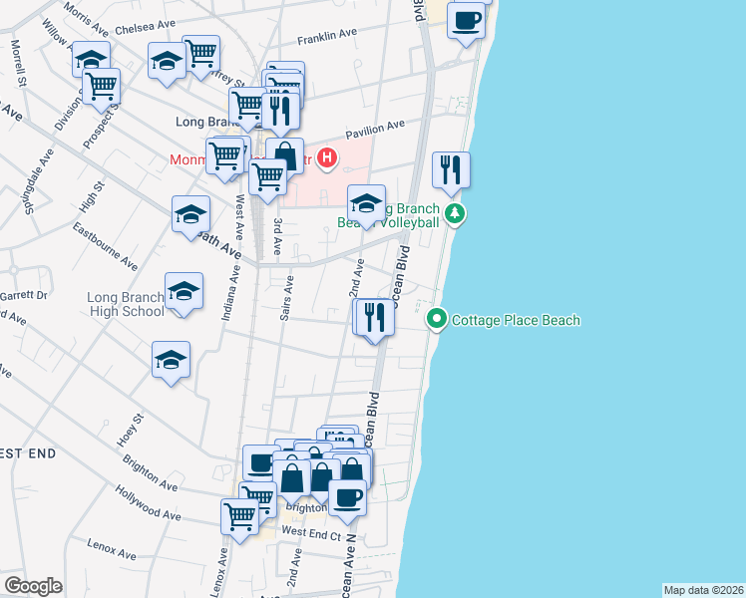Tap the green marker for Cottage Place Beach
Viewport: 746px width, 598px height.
pos(436,320)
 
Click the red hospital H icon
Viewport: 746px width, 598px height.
pos(326,158)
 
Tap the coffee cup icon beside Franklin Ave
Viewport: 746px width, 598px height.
pos(466,20)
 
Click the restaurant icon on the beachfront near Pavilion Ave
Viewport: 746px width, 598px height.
pos(452,170)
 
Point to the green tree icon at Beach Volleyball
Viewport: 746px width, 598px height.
pos(455,213)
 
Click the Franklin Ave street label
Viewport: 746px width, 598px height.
pos(327,34)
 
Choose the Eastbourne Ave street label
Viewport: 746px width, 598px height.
pos(105,246)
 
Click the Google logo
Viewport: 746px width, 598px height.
pos(33,585)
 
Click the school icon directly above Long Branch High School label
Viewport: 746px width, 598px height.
pos(183,291)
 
